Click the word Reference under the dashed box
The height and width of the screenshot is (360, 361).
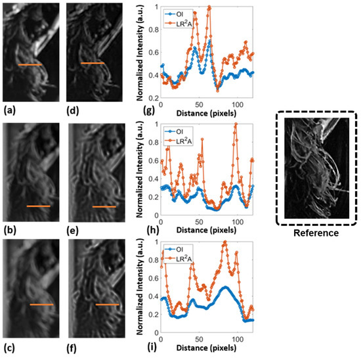[317, 233]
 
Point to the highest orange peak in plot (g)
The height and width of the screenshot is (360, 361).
[209, 7]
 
